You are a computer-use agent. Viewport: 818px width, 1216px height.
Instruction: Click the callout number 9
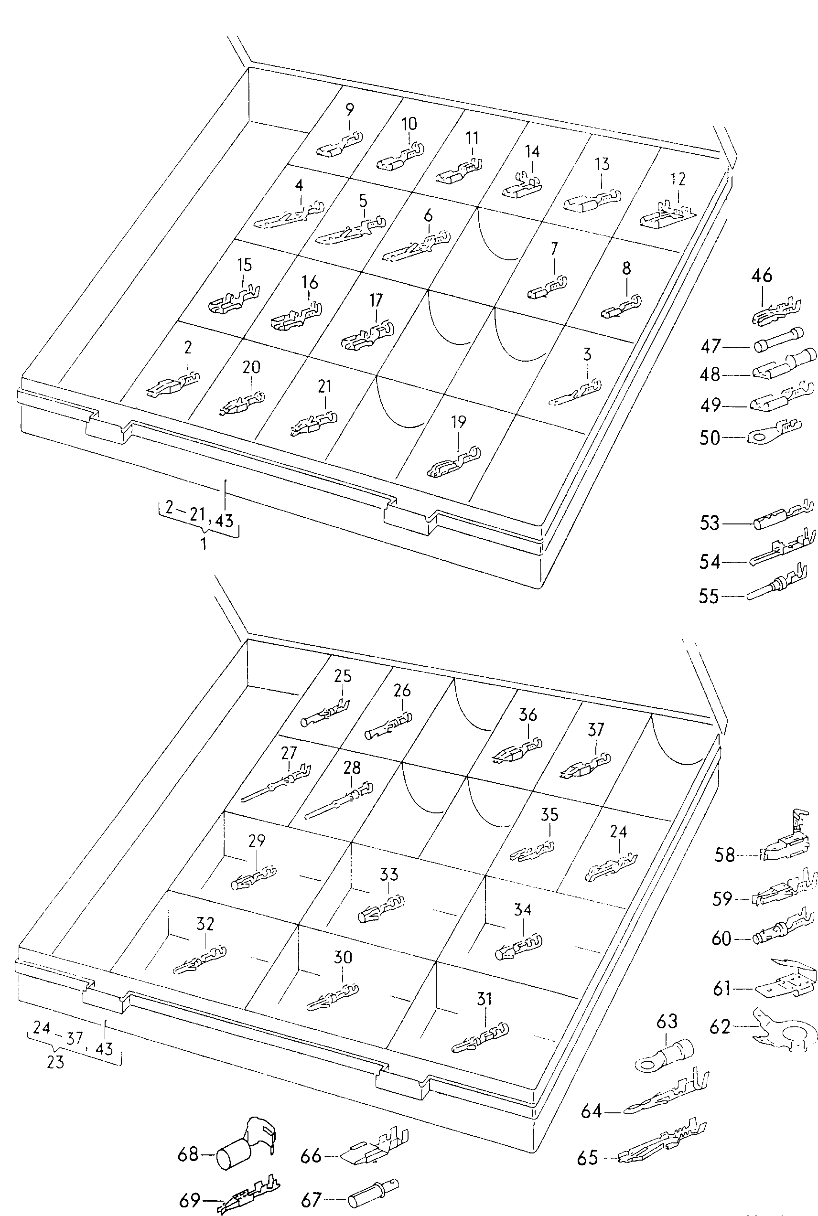350,109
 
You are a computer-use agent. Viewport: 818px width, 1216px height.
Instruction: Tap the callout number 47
710,346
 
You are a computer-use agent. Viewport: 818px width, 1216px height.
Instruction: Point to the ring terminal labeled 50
772,432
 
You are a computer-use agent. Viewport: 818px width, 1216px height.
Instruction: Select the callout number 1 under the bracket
204,544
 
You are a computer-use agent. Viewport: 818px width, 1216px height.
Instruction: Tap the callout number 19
458,422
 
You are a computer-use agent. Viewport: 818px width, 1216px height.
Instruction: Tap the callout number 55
709,596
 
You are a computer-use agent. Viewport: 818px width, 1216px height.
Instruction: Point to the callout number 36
528,715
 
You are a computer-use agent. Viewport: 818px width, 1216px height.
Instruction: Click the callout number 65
587,1159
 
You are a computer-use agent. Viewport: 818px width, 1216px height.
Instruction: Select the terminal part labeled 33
382,909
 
